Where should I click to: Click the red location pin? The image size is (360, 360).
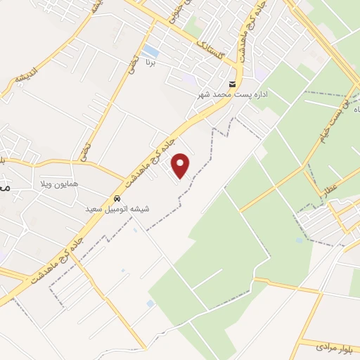pos(181,165)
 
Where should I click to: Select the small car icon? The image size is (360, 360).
pos(117,198)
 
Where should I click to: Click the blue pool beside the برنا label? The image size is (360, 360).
pos(150,51)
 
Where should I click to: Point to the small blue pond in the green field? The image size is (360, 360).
pos(300,240)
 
